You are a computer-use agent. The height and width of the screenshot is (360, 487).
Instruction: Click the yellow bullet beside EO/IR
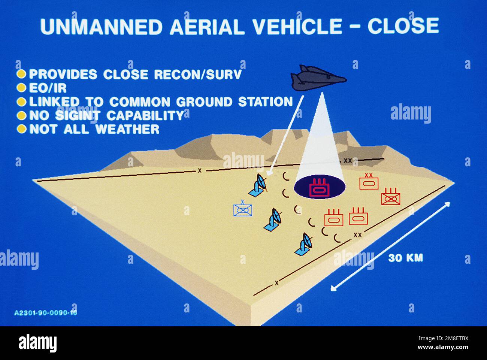(x=22, y=88)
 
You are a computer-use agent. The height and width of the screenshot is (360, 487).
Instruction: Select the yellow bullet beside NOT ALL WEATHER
(x=22, y=129)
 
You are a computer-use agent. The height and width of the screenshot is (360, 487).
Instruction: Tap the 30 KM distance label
(x=405, y=258)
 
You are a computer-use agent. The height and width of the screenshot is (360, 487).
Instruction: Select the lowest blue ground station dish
(x=305, y=245)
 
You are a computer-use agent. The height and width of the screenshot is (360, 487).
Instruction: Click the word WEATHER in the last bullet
(x=127, y=129)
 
